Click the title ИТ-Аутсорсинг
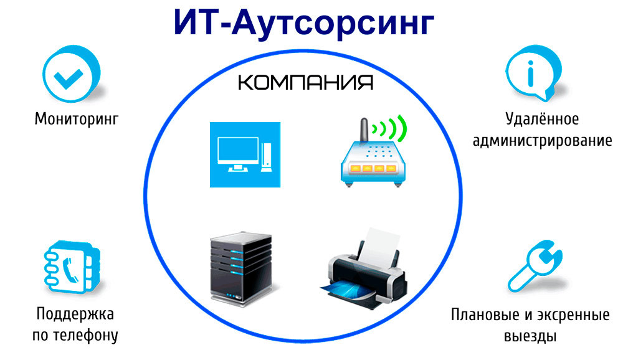304,23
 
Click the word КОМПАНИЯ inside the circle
305,82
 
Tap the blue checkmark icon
71,74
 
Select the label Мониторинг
77,119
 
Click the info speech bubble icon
533,73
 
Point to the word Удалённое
542,119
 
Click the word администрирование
543,141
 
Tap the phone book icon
72,267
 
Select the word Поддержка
75,314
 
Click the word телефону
86,335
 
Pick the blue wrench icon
535,266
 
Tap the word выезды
530,336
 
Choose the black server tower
240,268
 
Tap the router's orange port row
373,168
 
